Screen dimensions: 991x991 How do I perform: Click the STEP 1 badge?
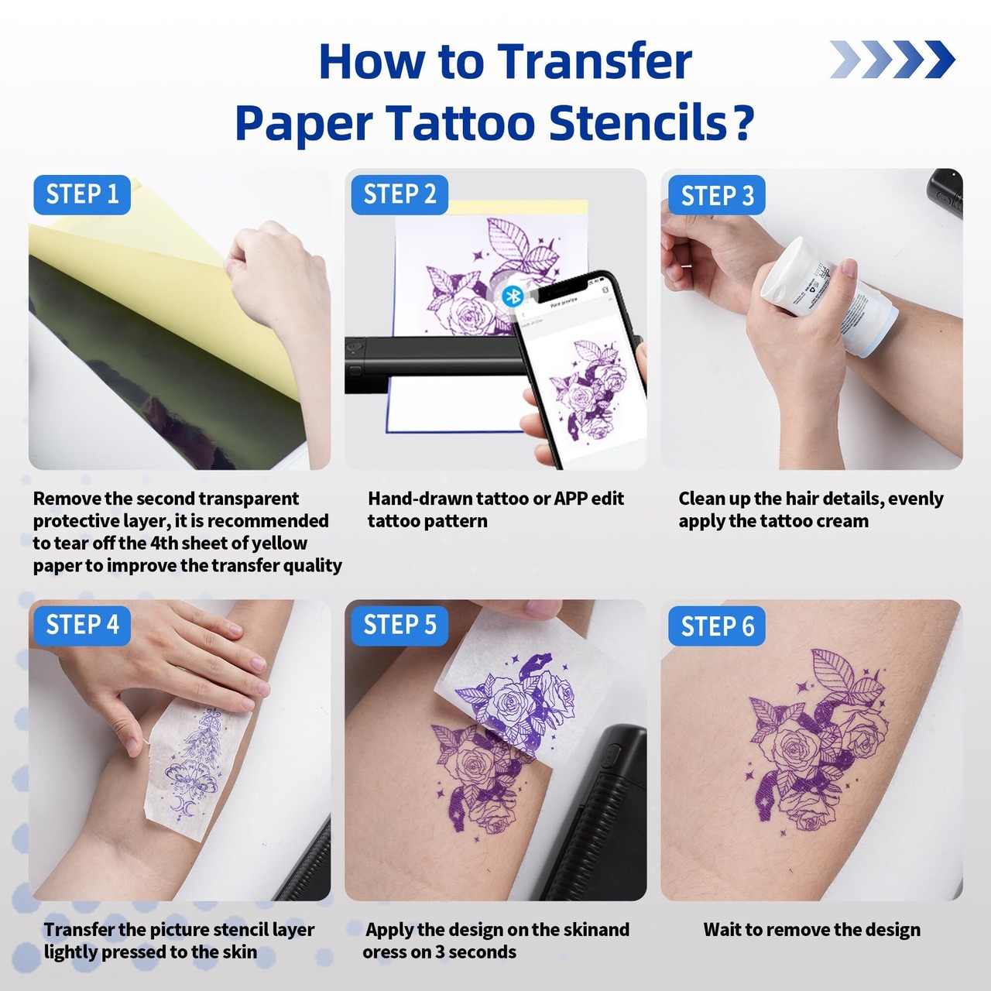click(x=82, y=194)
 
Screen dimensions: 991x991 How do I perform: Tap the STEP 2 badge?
click(x=399, y=194)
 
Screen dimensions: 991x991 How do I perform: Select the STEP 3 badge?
click(x=717, y=195)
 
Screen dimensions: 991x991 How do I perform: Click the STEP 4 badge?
click(x=82, y=626)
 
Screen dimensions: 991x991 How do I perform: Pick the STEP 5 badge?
click(x=399, y=626)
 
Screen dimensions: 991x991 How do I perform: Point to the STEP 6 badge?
click(x=717, y=626)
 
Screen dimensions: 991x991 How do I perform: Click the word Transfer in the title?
click(x=595, y=61)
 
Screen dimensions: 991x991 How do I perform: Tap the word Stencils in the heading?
click(x=638, y=122)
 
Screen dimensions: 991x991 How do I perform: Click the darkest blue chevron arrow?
click(x=940, y=59)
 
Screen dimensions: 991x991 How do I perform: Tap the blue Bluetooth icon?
click(x=513, y=297)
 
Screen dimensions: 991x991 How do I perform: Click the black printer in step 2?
click(x=437, y=362)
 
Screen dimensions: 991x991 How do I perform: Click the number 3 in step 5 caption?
click(x=440, y=952)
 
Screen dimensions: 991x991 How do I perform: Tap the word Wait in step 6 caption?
click(x=722, y=930)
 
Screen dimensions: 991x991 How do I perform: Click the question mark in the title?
click(x=743, y=122)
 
